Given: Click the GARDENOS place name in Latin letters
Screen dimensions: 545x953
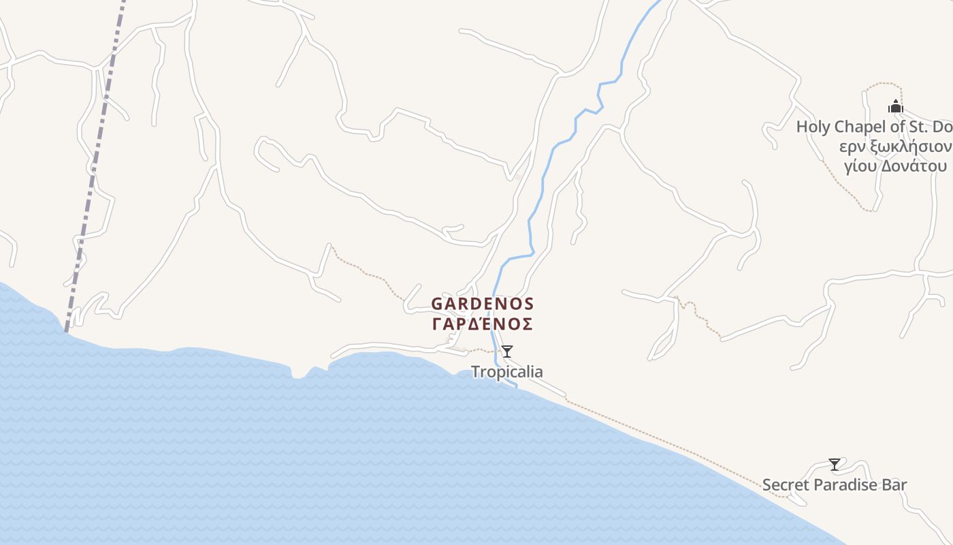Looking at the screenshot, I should point(483,303).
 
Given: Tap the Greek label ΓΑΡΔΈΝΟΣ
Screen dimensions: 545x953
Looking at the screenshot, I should point(483,324).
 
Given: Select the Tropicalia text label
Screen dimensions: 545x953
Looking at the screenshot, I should point(507,372).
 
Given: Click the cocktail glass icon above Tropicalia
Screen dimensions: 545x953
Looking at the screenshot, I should point(507,352).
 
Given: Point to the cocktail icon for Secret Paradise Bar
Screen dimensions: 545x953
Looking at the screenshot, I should point(835,465).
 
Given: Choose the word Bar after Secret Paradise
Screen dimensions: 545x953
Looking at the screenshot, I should point(894,485).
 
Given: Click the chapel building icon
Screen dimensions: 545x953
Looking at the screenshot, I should point(896,106).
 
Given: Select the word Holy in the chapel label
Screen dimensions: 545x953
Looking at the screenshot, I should point(813,127).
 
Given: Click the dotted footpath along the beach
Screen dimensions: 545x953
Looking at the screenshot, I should point(667,443).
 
